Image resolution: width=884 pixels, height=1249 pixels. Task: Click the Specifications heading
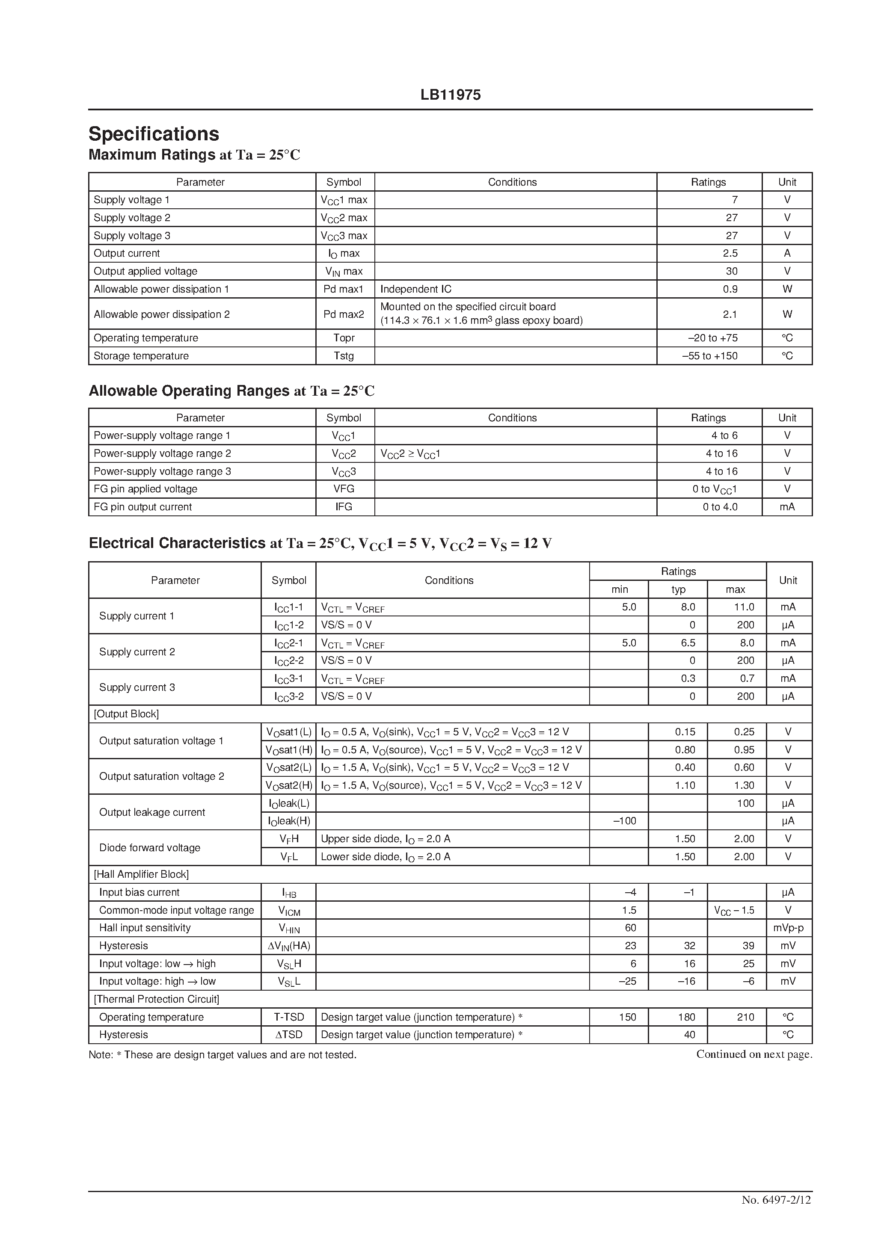coord(154,134)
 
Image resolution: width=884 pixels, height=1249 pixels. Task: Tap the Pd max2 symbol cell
coord(344,314)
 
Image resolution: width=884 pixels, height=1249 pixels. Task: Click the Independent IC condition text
coord(415,289)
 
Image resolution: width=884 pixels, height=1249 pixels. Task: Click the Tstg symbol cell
coord(344,356)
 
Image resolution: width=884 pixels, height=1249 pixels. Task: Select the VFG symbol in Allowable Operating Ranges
coord(344,488)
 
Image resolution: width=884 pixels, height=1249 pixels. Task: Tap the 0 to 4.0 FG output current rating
coord(720,506)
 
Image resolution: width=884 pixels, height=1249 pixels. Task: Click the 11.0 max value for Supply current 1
coord(744,607)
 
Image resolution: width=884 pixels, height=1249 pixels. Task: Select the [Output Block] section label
coord(126,714)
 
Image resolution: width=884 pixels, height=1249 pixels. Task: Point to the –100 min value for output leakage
coord(624,821)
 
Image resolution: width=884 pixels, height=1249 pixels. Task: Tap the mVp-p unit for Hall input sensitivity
coord(788,928)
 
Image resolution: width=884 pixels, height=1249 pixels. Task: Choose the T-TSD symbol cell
coord(289,1017)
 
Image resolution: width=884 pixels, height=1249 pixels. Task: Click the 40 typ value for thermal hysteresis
coord(689,1035)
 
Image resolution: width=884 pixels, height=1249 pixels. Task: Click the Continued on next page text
coord(754,1054)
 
